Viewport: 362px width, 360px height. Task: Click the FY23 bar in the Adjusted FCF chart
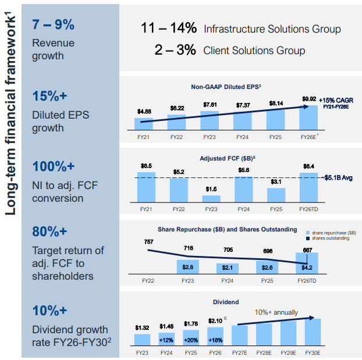tap(212, 198)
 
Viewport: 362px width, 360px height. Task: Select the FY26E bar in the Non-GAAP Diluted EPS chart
tap(308, 117)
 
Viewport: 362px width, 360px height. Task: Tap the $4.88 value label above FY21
tap(144, 111)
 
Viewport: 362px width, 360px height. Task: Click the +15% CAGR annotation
tap(336, 100)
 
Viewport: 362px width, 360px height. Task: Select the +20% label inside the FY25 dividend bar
tap(190, 339)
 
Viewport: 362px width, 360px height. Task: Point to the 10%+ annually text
tap(275, 312)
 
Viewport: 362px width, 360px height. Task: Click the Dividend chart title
tap(227, 302)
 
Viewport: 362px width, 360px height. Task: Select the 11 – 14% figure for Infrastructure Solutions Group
tap(168, 28)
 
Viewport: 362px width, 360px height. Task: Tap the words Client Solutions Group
tap(254, 51)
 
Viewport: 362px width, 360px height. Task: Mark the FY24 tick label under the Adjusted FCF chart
tap(244, 208)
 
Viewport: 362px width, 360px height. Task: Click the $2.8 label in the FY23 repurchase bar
tap(188, 267)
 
